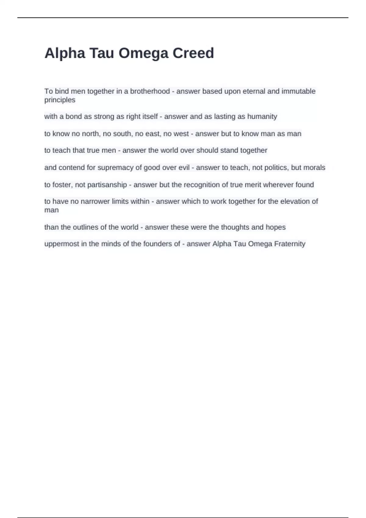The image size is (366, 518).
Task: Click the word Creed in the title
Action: (193, 53)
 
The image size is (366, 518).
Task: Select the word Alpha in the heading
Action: (65, 53)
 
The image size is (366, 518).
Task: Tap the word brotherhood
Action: (150, 91)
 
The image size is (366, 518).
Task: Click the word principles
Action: (60, 100)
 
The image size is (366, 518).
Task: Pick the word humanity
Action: (262, 116)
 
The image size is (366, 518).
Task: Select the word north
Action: (91, 133)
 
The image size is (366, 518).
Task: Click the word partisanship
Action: (107, 185)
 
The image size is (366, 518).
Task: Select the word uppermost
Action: (62, 244)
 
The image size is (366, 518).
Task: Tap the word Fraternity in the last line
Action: (290, 244)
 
